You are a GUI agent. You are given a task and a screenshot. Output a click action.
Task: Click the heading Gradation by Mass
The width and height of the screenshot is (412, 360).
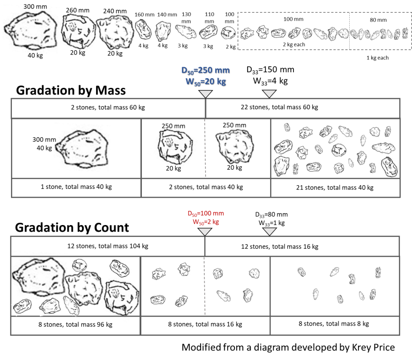point(71,91)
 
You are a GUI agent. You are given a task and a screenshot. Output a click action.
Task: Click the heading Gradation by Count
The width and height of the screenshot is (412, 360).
point(72,227)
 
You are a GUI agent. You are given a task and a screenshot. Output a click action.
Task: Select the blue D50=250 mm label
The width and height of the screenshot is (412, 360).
point(205,70)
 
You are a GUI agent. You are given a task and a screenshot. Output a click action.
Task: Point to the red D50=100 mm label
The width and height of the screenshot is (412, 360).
point(206,214)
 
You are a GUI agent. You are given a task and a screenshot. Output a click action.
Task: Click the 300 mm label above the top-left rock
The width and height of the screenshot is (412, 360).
point(35,7)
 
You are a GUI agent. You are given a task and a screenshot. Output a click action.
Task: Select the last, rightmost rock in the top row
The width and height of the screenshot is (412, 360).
point(404,33)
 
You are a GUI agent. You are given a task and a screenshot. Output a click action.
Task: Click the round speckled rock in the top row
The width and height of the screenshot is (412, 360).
point(344,33)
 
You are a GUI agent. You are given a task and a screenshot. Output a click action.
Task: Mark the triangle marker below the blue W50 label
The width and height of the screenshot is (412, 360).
point(206,94)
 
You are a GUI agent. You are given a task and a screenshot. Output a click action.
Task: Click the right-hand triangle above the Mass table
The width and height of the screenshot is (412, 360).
point(269,94)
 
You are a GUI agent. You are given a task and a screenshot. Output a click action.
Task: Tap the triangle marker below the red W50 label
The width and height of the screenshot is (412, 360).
point(205,232)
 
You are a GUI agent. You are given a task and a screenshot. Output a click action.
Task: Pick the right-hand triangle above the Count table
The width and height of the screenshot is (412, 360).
point(269,232)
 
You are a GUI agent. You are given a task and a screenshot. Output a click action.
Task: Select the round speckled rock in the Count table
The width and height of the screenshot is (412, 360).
point(255,273)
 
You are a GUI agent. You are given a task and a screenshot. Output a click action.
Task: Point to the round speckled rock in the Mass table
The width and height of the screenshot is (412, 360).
point(375,131)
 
